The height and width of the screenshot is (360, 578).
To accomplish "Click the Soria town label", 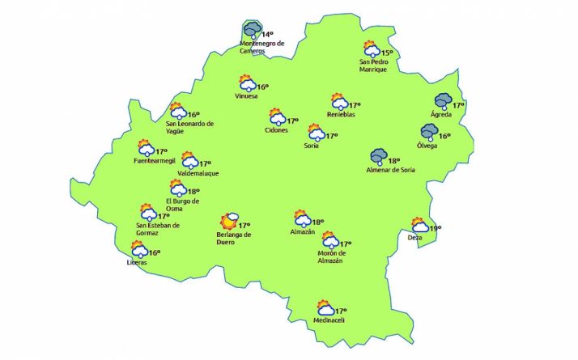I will point(311,146).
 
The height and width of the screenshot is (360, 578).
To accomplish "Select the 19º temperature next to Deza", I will point(435,229).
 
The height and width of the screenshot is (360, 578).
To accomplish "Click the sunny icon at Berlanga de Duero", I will point(230,220).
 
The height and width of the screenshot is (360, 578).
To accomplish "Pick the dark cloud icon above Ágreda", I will point(442,102).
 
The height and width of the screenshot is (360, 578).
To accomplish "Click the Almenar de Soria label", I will point(389,171).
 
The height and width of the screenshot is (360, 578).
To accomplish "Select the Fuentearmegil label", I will point(154,161).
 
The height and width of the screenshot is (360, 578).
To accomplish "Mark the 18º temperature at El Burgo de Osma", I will point(193,192).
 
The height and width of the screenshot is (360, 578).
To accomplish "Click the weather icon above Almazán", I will point(301,219).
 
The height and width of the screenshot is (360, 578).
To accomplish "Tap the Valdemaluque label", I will point(197,173).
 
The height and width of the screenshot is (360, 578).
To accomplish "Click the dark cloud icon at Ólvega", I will point(428,132).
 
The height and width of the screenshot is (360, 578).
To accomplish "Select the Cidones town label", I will point(276,130).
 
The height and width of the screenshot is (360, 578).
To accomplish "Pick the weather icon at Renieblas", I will point(339,103).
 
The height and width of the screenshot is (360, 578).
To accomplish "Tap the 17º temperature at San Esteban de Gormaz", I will point(163,216).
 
